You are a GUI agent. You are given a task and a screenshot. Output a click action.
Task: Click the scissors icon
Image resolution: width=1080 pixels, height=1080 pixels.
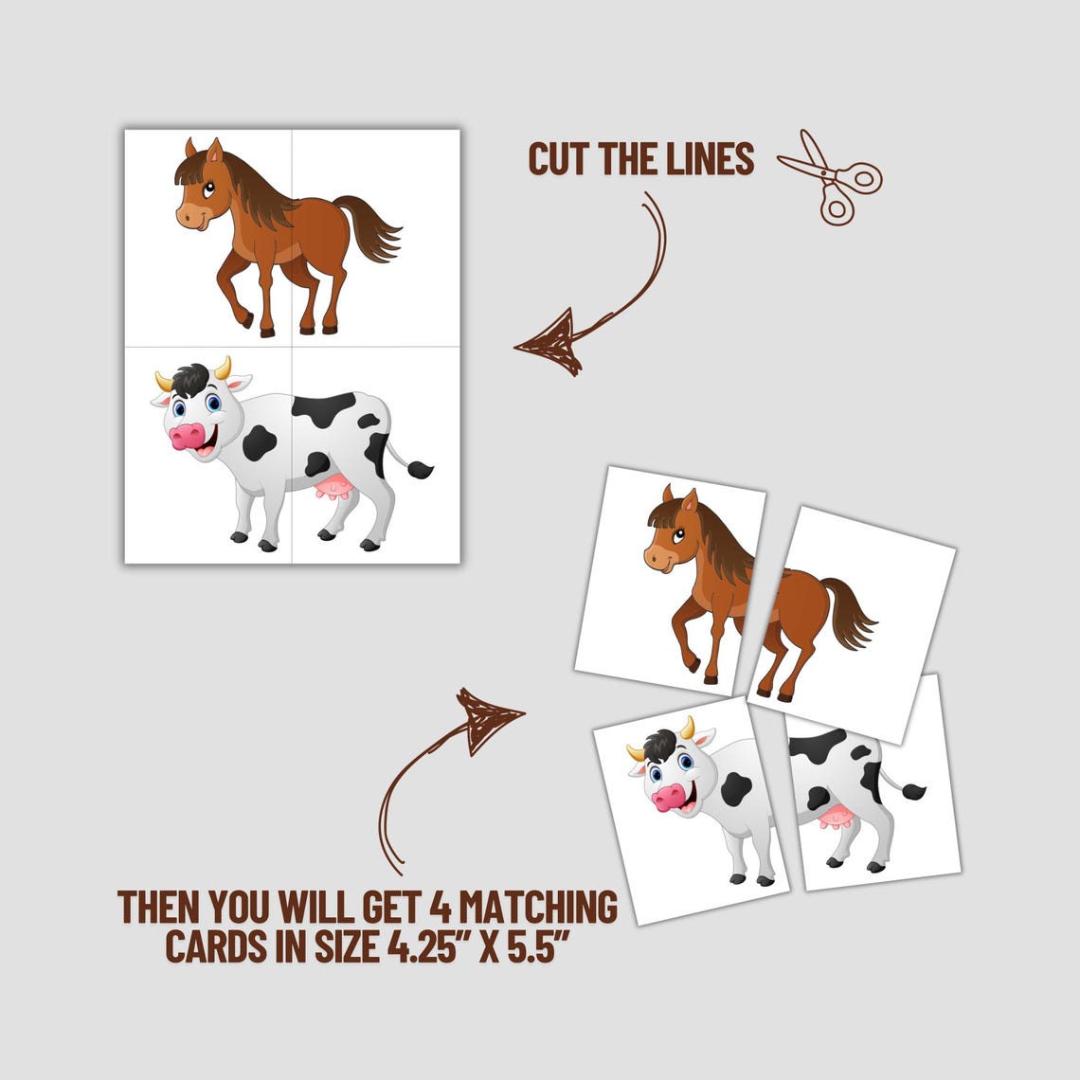830,177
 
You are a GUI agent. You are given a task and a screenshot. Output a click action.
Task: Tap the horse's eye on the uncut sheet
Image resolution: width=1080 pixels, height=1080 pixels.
208,188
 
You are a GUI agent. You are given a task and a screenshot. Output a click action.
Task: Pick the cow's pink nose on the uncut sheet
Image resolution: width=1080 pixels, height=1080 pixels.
187,437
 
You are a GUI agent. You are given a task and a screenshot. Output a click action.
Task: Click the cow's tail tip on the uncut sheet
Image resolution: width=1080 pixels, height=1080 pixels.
420,469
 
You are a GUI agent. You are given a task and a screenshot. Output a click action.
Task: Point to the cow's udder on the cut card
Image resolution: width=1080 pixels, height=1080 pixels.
835,817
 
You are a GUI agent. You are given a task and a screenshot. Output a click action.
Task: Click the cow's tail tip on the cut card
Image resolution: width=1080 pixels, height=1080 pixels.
914,790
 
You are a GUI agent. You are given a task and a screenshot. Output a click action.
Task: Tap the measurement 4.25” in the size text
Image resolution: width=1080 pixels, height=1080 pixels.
426,945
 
